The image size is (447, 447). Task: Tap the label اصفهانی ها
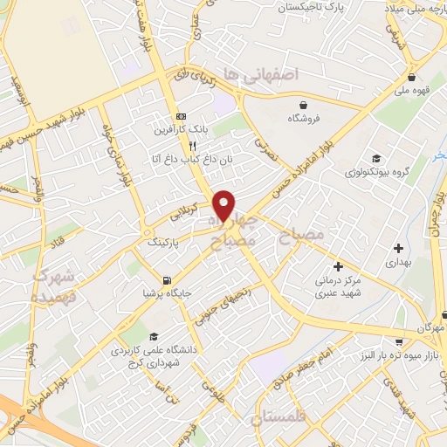point(260,75)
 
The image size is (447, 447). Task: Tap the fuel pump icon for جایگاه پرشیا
point(166,280)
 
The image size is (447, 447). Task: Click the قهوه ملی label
point(414,90)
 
